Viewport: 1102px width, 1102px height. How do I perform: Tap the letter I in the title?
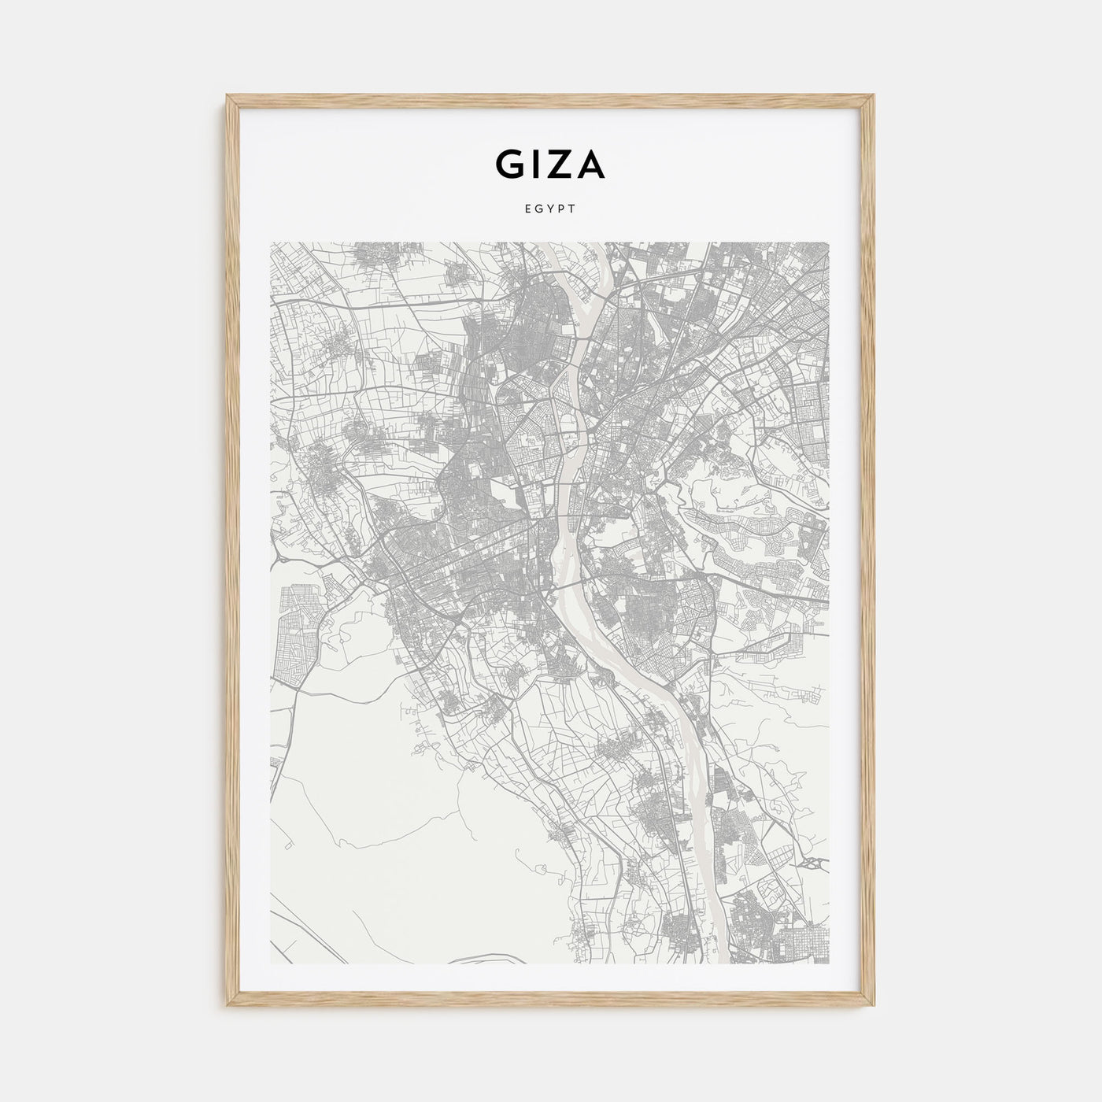[536, 164]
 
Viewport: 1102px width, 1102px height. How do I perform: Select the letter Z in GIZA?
[560, 164]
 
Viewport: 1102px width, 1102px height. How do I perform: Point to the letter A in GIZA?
[590, 164]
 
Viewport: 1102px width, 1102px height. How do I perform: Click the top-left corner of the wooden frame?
[227, 97]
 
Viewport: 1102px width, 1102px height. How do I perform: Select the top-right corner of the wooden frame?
[875, 97]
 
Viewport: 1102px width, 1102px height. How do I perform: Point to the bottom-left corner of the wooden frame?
[227, 1007]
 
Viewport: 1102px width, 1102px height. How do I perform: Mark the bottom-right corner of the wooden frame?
[875, 1007]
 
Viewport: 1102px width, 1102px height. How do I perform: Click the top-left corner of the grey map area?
[270, 242]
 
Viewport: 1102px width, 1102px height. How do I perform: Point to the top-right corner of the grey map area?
[829, 242]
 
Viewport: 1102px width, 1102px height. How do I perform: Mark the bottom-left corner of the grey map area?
[270, 964]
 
